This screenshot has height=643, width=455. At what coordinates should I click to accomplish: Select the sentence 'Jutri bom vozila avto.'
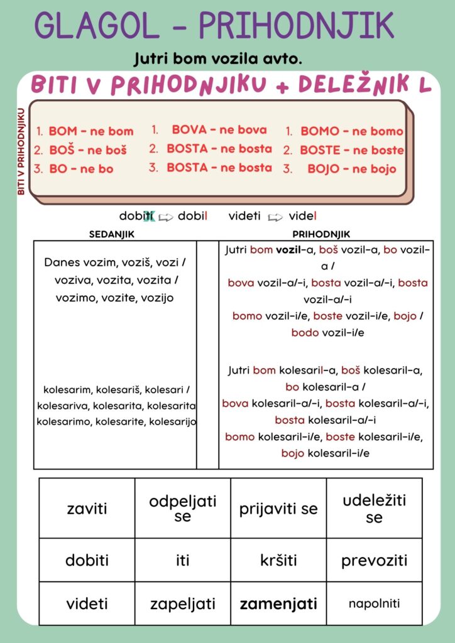tap(218, 59)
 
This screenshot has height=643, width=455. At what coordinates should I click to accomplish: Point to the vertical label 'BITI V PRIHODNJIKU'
tap(21, 151)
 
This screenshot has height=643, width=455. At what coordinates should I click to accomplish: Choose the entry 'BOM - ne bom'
tap(90, 131)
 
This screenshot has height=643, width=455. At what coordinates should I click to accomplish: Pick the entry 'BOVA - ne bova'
tap(219, 130)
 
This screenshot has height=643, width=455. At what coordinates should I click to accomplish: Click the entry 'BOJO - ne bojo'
tap(351, 169)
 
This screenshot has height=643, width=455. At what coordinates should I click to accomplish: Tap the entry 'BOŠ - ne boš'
tap(87, 150)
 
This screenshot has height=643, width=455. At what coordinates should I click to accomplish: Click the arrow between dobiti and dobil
tap(166, 217)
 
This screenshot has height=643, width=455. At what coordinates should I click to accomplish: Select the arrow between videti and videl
tap(275, 217)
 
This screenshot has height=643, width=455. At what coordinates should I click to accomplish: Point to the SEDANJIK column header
tap(112, 234)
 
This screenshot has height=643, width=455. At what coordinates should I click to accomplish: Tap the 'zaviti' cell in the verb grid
tap(87, 509)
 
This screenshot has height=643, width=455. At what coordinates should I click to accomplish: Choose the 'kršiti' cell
tap(278, 560)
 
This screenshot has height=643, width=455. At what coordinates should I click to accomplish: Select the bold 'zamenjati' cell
tap(278, 604)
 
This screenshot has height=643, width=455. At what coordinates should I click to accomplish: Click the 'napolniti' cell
tap(374, 604)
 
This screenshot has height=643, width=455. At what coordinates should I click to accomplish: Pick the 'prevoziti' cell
tap(374, 560)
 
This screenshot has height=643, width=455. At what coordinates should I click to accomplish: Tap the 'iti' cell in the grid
tap(182, 560)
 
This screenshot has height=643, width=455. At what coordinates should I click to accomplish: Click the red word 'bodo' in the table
tap(305, 333)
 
